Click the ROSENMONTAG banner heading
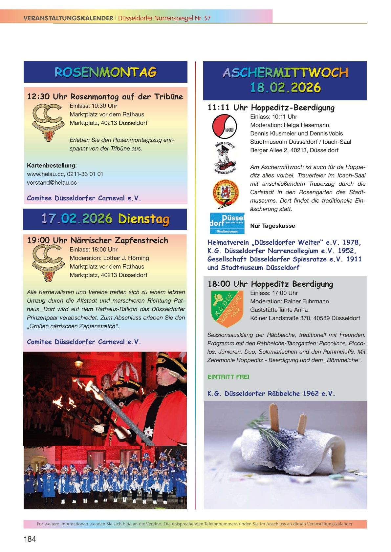coord(105,72)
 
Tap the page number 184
coord(30,539)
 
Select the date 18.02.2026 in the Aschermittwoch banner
coord(285,88)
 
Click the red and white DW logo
coord(225,126)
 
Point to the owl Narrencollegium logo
coord(225,158)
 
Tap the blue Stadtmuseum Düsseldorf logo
coord(227,223)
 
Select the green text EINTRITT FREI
coord(228,377)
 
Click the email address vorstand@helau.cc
coord(52,183)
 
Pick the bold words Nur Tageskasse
coord(272,226)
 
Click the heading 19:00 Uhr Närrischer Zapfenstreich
coord(98,240)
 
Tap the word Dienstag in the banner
coord(144,219)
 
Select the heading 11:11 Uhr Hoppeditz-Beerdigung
coord(271,108)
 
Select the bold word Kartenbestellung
coord(51,166)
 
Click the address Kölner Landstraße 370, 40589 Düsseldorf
coord(305,318)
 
